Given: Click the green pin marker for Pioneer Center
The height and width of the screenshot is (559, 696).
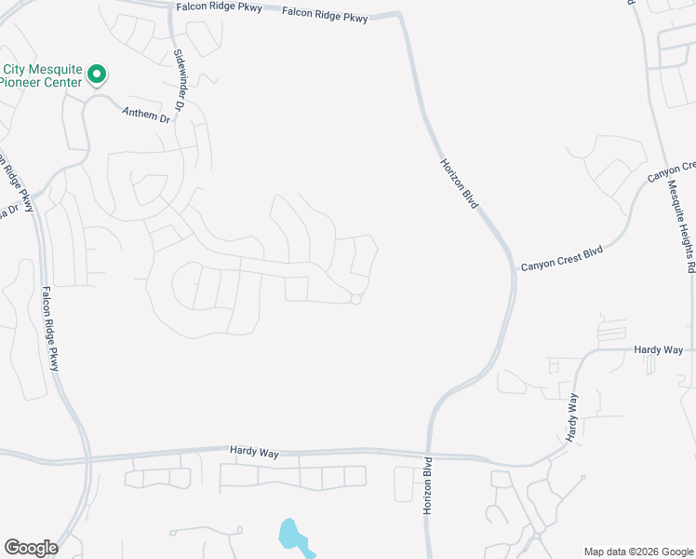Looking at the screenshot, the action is [x=96, y=74].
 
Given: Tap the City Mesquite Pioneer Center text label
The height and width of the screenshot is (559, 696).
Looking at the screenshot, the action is [x=41, y=75].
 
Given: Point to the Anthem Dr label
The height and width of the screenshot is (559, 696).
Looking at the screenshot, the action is [x=147, y=114].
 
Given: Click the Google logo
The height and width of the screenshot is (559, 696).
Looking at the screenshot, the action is [x=31, y=548].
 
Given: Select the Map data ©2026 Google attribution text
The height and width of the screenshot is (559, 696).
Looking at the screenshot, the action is [x=639, y=552].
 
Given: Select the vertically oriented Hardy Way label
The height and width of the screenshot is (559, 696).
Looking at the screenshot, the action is [x=572, y=416].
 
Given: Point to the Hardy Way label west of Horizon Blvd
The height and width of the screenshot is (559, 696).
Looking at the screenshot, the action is [x=254, y=452].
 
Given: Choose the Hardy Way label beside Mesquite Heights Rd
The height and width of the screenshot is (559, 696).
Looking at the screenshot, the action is [x=658, y=349].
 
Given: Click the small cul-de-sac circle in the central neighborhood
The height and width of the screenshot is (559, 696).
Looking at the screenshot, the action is [x=355, y=299].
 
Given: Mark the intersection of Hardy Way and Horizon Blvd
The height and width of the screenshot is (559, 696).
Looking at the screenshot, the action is [x=429, y=456].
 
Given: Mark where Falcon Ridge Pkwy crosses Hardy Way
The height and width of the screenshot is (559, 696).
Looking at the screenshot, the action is [x=90, y=458].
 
